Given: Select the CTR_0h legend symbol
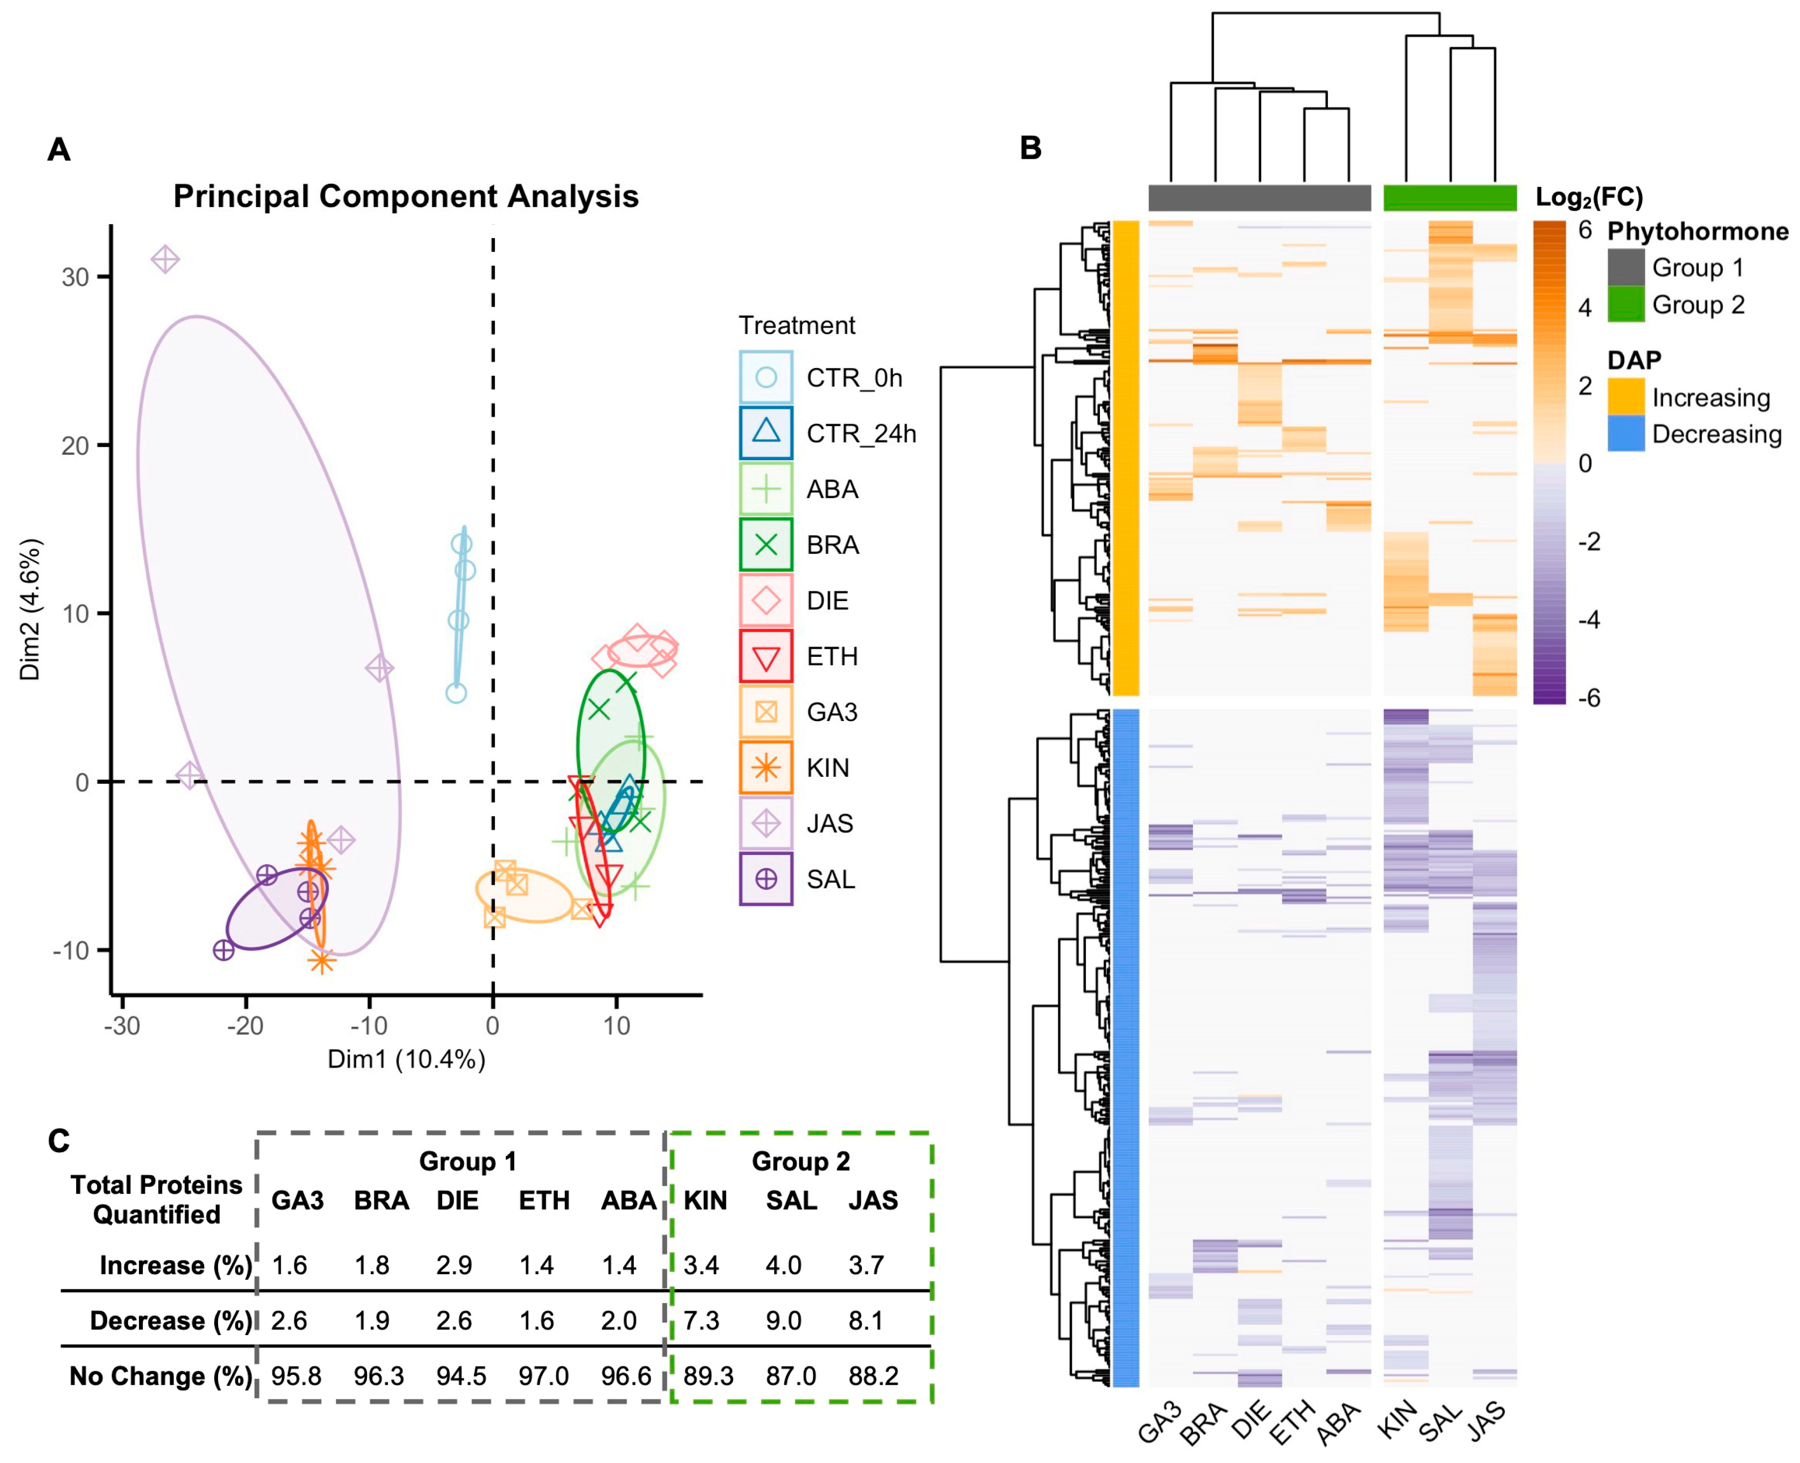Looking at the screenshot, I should [765, 377].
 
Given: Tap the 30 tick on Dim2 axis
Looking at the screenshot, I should [75, 277].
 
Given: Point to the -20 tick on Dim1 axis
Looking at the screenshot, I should [245, 1026].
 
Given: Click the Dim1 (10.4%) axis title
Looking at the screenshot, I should [406, 1059].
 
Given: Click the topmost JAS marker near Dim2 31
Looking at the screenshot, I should [165, 259].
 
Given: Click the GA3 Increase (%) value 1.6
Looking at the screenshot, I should [289, 1265].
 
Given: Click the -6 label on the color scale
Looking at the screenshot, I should [1588, 698].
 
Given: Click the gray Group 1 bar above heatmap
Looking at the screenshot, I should [1259, 198].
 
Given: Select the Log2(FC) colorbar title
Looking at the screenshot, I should [1588, 197].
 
